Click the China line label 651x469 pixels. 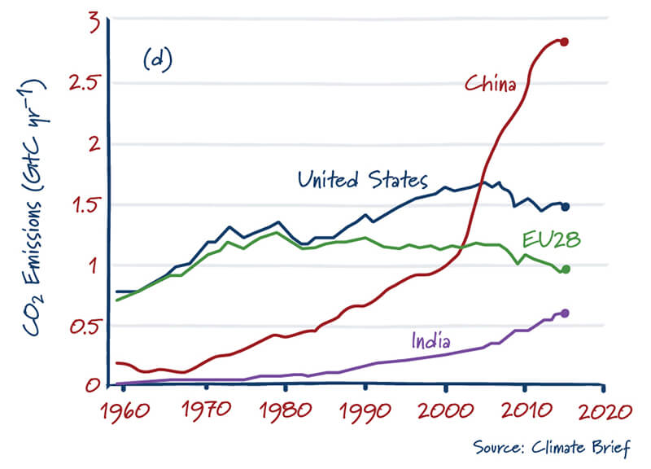(x=490, y=82)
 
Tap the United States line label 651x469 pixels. (x=362, y=179)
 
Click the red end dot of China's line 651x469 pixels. (x=564, y=42)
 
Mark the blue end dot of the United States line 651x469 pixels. (x=565, y=207)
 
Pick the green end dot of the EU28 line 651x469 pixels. (x=566, y=270)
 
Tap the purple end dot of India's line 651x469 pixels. (x=565, y=313)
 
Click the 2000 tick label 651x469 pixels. (x=445, y=409)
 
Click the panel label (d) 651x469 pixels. (x=156, y=62)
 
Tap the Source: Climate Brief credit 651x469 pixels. (x=551, y=447)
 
